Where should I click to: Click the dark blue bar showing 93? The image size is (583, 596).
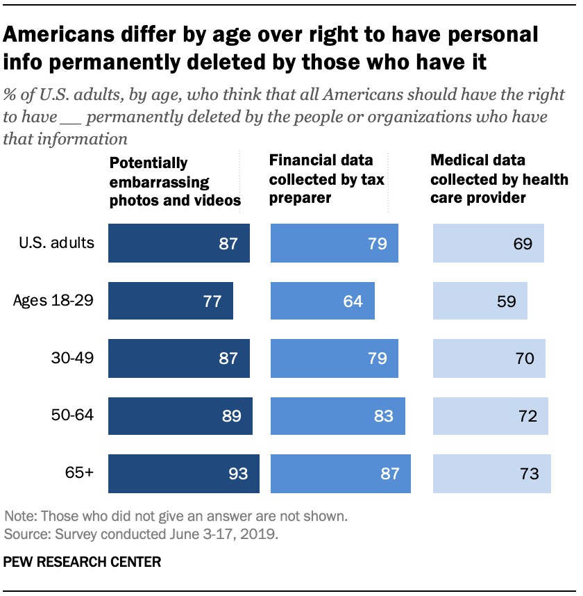pos(184,474)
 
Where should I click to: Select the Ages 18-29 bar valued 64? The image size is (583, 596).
pos(322,301)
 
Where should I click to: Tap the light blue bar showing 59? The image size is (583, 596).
pos(480,301)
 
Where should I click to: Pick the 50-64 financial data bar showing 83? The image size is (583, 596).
pos(338,416)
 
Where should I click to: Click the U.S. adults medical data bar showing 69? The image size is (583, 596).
pos(489,243)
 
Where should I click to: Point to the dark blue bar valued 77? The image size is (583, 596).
pos(171,301)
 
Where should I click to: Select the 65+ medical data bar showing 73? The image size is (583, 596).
pos(492,474)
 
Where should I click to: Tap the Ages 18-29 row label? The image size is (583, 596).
pos(53,301)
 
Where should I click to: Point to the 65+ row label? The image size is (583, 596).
pos(81,474)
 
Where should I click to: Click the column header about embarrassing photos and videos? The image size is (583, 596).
pos(174,182)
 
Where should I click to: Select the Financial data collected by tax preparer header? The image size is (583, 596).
pos(326,179)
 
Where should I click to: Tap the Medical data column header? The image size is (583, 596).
pos(499,179)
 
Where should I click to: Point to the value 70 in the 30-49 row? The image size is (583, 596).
pos(525,358)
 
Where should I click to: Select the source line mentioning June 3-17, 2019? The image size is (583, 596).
pos(142,534)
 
